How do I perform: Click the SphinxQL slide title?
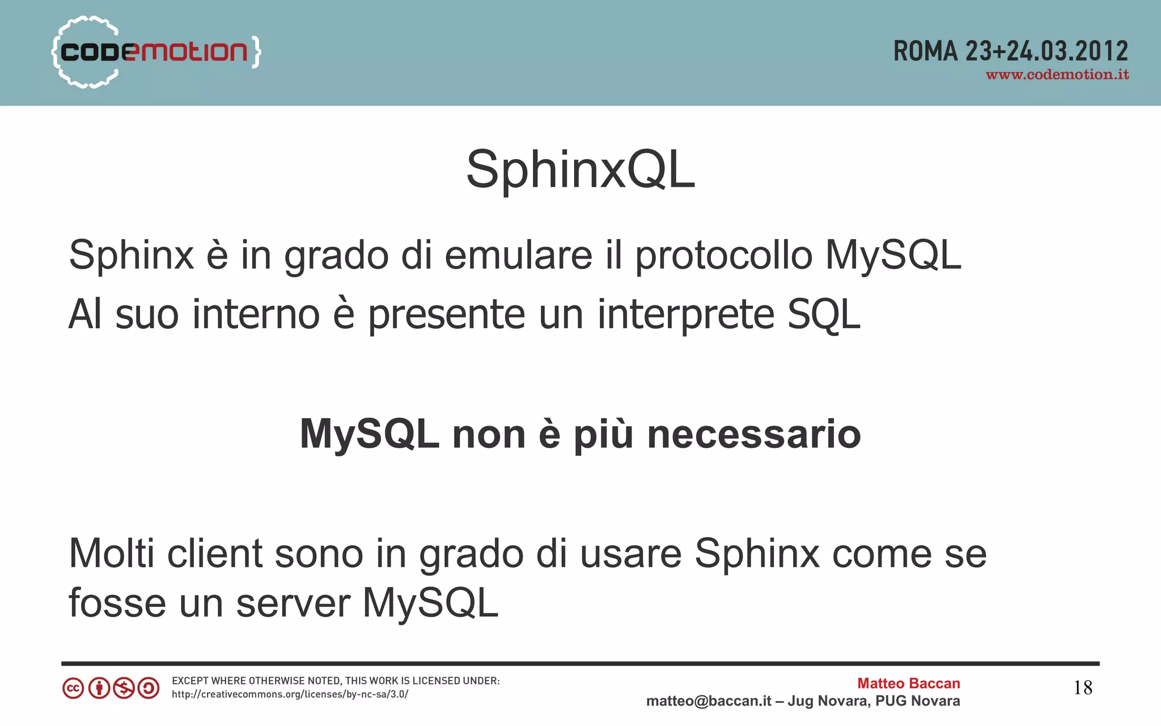point(580,169)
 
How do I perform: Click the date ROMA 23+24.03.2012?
point(1010,52)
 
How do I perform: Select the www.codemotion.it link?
point(1057,75)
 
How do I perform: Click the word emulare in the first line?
point(518,256)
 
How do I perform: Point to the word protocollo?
point(723,256)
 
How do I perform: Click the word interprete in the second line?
point(685,315)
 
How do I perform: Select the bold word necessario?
point(754,435)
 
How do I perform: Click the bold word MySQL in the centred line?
point(369,435)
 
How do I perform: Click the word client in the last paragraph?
point(214,553)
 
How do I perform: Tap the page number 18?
point(1083,688)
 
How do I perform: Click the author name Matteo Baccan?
point(908,683)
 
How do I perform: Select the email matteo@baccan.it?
point(709,701)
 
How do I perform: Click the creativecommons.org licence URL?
point(290,694)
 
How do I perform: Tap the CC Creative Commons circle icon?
point(73,689)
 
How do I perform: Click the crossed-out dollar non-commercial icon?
point(124,689)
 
